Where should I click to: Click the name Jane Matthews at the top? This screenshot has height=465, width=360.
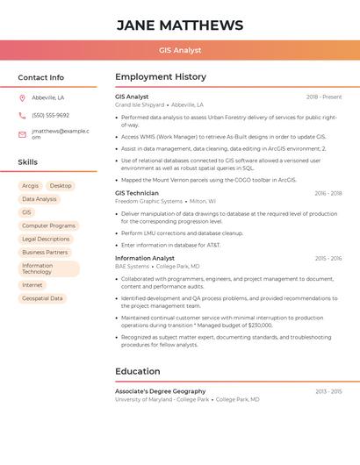click(180, 25)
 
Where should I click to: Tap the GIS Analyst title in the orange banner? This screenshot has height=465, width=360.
click(180, 50)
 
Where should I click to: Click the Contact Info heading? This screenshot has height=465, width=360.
click(41, 77)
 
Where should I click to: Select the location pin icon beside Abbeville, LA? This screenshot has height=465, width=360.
click(22, 98)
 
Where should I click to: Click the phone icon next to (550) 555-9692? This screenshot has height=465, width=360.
click(22, 115)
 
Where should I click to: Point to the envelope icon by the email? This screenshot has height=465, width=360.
click(22, 134)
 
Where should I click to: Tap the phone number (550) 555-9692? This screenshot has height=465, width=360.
click(50, 115)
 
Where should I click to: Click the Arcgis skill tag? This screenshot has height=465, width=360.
click(31, 186)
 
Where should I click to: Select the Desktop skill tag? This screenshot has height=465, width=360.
click(61, 186)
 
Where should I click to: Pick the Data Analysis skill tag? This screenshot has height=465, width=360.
click(40, 199)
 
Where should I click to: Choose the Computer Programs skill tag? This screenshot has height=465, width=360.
click(49, 225)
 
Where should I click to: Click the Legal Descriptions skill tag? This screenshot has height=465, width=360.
click(46, 239)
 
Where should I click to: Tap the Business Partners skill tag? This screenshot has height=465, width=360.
click(45, 252)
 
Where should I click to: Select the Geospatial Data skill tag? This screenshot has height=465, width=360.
click(42, 298)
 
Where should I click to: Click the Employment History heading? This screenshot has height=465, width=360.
click(161, 77)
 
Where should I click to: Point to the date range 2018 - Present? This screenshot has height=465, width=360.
click(324, 97)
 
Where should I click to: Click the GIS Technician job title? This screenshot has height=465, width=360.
click(137, 193)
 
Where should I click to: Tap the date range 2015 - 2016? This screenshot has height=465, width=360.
click(328, 259)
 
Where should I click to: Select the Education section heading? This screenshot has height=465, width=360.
click(138, 371)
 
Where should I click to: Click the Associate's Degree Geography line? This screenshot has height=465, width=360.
click(161, 391)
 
